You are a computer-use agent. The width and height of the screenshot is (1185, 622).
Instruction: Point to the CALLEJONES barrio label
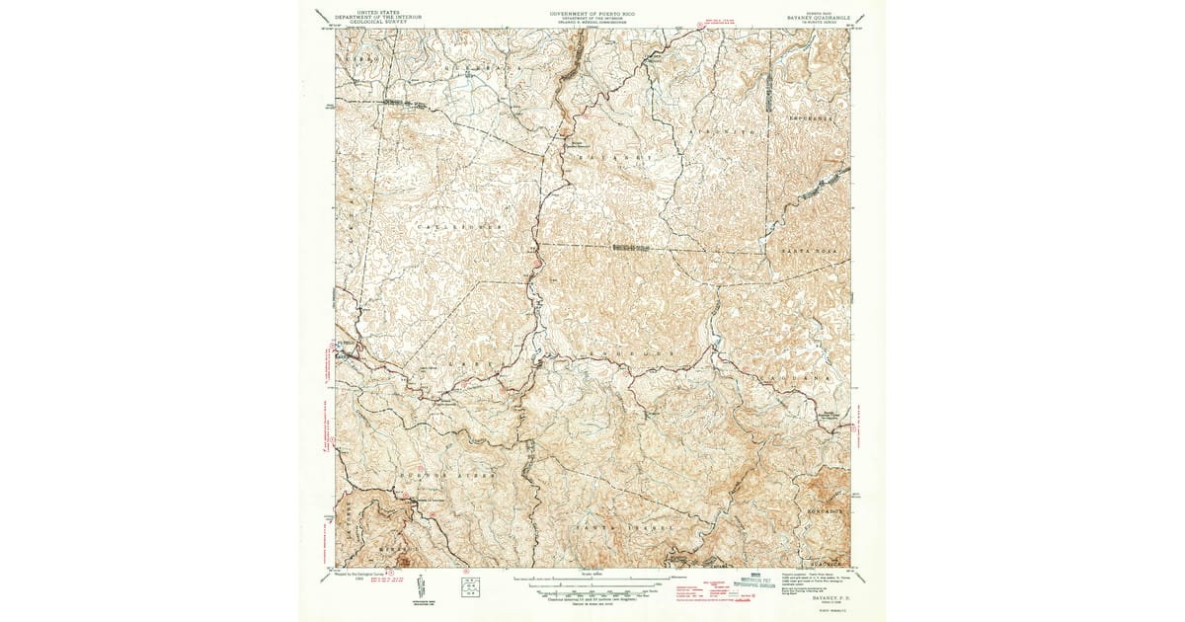click(x=460, y=227)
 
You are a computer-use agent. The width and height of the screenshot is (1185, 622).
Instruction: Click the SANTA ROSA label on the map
click(x=808, y=254)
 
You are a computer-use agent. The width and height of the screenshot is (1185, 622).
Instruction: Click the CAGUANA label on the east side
click(x=805, y=377)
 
